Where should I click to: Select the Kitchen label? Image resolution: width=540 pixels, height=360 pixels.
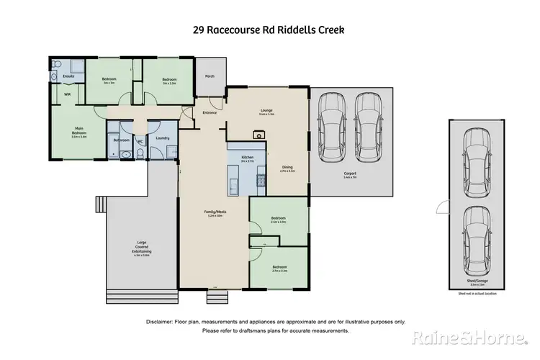pos(246,157)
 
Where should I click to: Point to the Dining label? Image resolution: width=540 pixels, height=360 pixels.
pos(287,168)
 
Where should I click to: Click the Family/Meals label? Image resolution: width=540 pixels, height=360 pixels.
pos(215,212)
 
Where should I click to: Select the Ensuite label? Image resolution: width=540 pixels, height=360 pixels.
pos(69,76)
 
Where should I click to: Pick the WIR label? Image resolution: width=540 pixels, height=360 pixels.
pos(67,94)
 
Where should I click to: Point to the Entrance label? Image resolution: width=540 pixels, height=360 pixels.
pos(210,113)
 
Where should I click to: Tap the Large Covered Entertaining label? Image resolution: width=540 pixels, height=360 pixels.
pos(140,248)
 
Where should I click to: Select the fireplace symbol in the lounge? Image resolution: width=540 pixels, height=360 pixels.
pos(257,133)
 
